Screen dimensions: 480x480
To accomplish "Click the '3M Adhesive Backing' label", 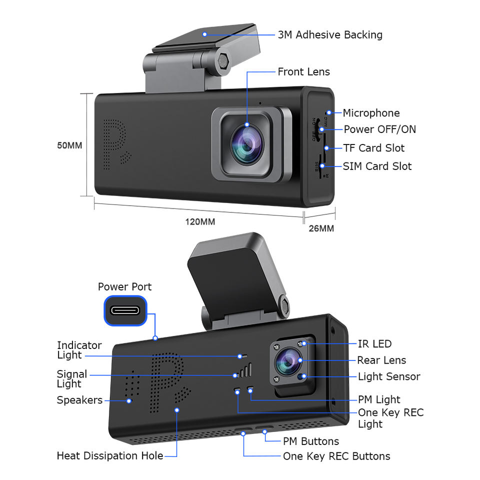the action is (330, 35).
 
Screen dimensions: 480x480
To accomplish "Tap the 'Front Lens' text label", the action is (303, 72).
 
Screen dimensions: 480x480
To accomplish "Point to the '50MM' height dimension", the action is (69, 145).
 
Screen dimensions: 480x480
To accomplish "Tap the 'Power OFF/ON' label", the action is (379, 129).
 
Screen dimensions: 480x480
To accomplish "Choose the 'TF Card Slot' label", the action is (373, 148).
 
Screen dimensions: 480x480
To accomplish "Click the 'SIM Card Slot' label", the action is (377, 166).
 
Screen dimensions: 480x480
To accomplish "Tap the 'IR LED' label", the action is (374, 344).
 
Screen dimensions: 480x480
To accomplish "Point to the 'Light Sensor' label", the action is (389, 376).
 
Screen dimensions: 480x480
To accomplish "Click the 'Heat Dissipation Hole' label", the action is (109, 455).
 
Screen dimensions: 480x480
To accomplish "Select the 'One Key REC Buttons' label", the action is (336, 456).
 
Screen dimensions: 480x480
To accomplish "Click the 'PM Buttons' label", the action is (310, 441).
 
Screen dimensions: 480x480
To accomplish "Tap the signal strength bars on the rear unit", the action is (243, 372).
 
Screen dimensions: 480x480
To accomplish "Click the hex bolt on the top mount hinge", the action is (222, 61).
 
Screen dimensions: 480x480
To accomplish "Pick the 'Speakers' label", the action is (79, 400).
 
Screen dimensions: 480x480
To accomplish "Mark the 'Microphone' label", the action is (371, 113).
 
